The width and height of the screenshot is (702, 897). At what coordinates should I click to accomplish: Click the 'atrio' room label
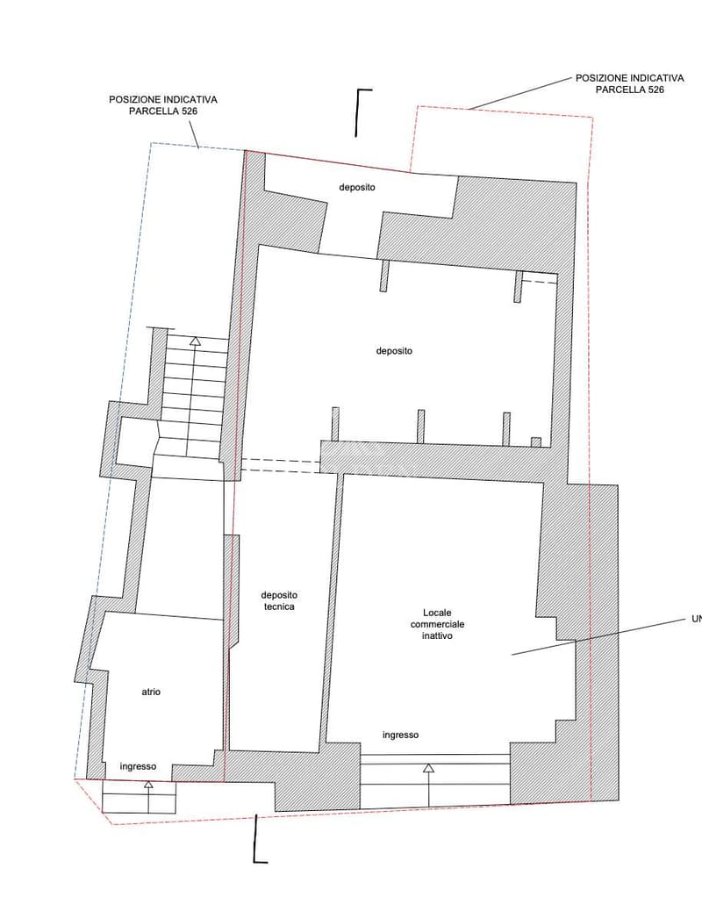click(151, 692)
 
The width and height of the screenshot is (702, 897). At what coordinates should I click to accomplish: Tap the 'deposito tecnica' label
click(279, 600)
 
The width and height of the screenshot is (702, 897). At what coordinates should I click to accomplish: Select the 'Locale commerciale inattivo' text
click(438, 624)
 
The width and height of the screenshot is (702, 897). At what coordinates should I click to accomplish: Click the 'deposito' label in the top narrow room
click(357, 187)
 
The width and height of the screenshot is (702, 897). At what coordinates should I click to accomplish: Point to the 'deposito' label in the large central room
click(394, 351)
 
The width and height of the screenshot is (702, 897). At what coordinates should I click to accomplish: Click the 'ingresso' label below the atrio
click(138, 766)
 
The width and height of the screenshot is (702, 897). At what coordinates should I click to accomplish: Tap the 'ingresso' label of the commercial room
click(400, 736)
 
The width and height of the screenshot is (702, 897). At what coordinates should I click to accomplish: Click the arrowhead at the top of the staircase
click(195, 341)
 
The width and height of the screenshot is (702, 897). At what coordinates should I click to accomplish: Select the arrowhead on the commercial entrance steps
click(428, 768)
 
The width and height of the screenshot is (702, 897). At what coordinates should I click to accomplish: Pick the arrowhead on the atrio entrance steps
click(149, 785)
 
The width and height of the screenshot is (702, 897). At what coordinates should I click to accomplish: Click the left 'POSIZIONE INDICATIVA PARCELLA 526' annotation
click(163, 105)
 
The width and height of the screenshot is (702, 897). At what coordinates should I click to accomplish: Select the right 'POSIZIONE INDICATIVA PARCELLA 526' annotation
click(629, 83)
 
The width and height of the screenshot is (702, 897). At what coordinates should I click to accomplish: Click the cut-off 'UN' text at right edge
click(696, 619)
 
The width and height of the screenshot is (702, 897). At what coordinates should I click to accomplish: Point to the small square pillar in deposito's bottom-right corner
click(536, 442)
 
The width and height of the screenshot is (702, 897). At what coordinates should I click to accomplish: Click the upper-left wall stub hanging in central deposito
click(383, 276)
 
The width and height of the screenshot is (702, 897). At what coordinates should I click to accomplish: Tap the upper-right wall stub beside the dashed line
click(518, 287)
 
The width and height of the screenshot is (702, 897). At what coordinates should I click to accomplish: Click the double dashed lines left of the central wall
click(280, 466)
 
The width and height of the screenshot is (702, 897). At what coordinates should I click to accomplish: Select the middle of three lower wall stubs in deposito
click(420, 427)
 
